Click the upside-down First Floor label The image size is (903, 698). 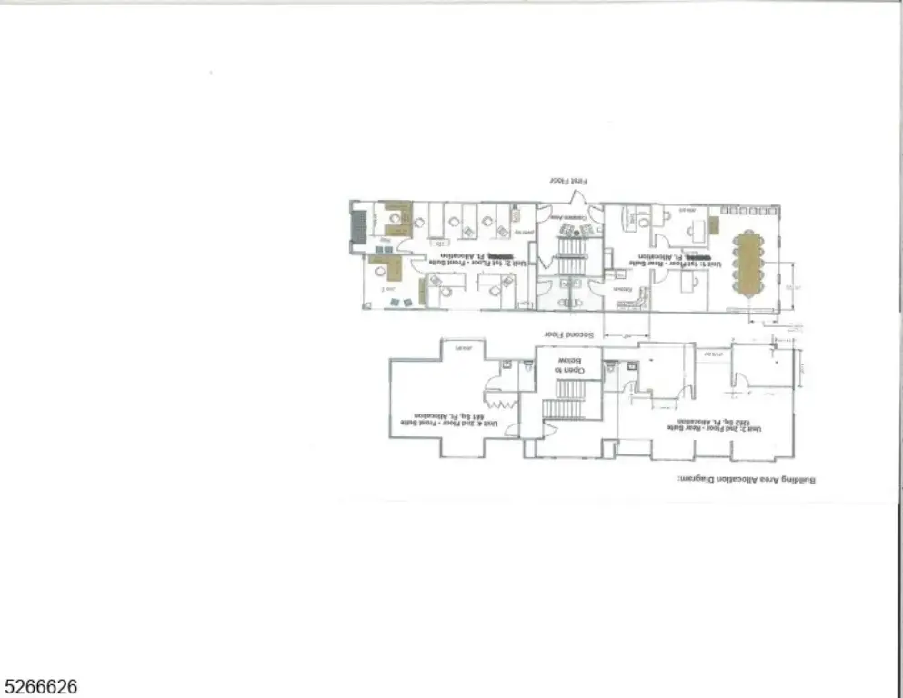click(564, 182)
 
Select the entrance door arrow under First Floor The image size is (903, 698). click(575, 198)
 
